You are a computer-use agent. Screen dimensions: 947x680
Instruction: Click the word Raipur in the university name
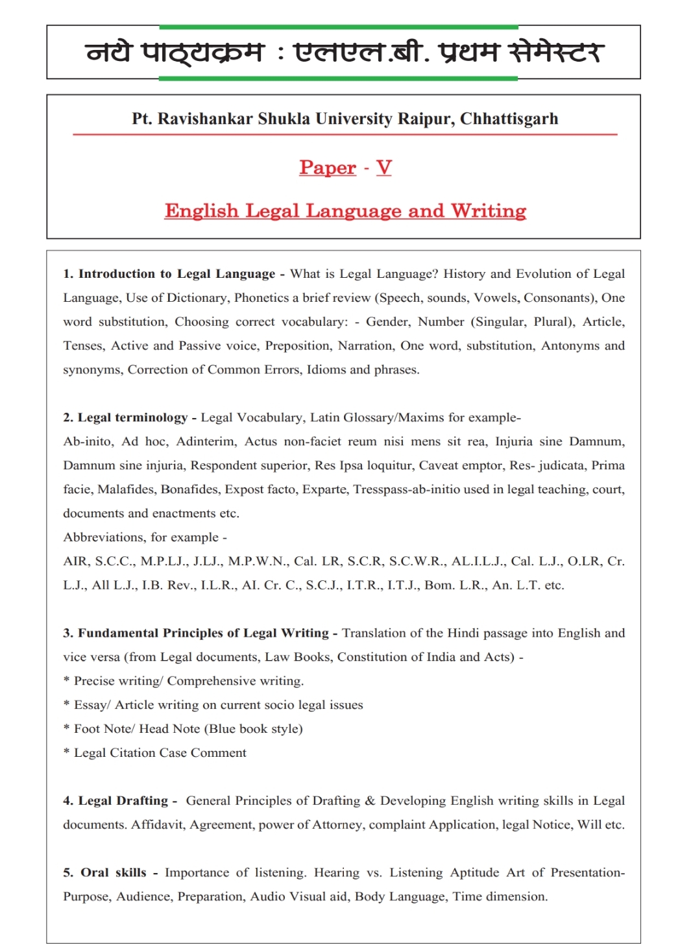click(426, 119)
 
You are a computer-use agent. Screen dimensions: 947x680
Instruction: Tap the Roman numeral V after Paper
click(384, 167)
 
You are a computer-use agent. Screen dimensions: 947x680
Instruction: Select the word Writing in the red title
click(489, 211)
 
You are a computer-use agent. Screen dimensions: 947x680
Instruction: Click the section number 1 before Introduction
click(67, 274)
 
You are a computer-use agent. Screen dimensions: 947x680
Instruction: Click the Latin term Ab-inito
click(87, 442)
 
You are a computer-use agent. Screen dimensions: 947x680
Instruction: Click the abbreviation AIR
click(75, 561)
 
